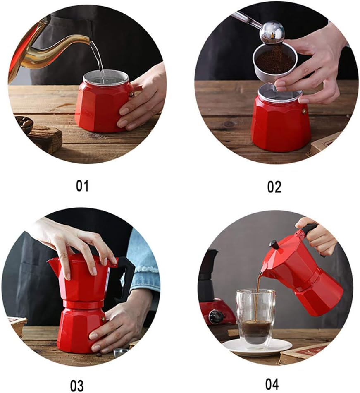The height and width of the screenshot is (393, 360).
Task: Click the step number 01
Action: click(x=82, y=186)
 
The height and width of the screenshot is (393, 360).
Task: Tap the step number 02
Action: click(x=274, y=187)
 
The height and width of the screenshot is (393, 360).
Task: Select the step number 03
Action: click(x=77, y=385)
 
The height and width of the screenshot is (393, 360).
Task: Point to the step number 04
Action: click(x=272, y=384)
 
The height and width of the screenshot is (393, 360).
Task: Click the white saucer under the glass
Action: click(x=257, y=347)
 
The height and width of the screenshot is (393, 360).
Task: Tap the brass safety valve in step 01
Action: click(x=131, y=94)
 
